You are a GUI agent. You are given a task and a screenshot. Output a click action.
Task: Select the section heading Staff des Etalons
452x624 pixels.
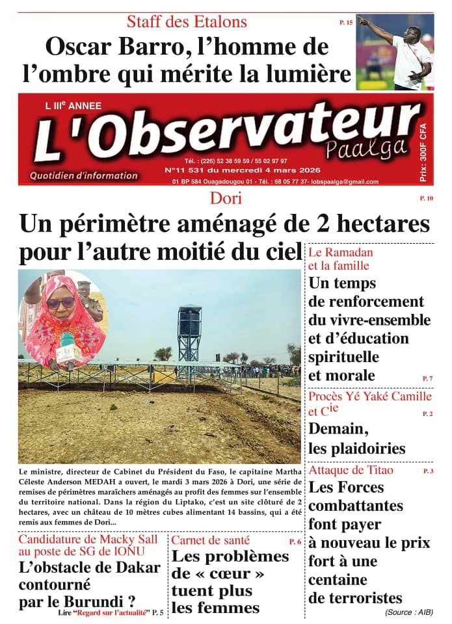(187, 22)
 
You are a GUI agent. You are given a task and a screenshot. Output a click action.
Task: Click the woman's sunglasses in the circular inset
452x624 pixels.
(60, 302)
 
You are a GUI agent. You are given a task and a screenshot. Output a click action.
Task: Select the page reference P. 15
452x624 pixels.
(346, 23)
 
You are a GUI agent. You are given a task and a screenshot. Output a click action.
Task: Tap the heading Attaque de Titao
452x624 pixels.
(351, 470)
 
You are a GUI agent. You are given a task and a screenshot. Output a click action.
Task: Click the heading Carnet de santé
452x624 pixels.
(210, 540)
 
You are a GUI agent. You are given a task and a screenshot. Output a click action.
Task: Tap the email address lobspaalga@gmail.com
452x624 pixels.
(345, 181)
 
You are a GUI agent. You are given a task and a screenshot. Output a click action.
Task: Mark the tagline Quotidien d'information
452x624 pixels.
(83, 175)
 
